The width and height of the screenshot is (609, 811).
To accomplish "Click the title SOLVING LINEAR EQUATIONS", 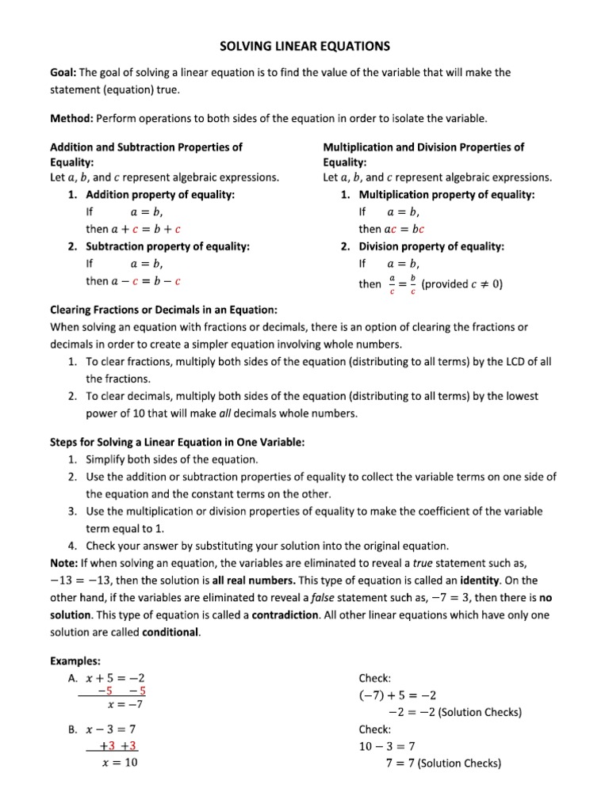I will tap(304, 47).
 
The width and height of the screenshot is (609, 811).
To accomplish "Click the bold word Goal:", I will tap(63, 72).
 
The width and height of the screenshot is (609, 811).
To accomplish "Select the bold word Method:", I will tap(71, 118).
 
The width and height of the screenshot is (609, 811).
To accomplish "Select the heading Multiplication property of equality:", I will tap(447, 194).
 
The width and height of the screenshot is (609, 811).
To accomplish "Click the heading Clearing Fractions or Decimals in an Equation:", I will tap(164, 310).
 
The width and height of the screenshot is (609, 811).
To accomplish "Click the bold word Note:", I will tap(63, 563).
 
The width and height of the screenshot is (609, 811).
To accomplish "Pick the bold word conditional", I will tap(170, 632).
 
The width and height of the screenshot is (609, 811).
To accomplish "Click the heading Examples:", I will tap(75, 660).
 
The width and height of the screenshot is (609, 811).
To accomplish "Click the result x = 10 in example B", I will tap(121, 763).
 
